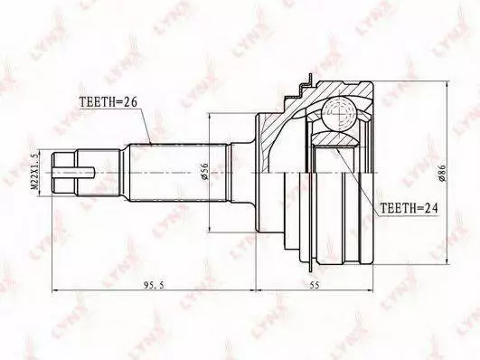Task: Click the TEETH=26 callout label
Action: (108, 101)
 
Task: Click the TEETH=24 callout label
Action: (409, 208)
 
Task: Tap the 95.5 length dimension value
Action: (154, 285)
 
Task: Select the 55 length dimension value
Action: (314, 285)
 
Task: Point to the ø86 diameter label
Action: (442, 173)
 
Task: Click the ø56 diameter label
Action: (204, 172)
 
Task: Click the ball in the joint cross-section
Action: (340, 114)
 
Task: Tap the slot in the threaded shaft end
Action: (74, 173)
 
